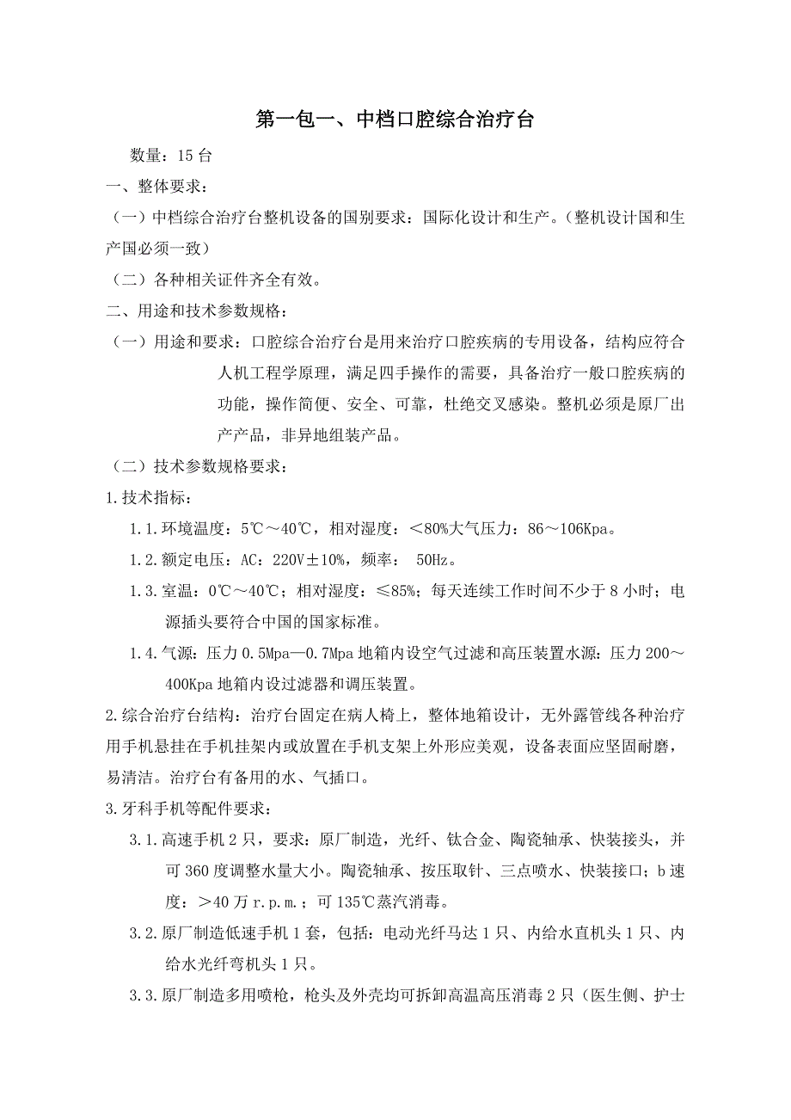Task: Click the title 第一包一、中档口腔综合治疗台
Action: (x=395, y=120)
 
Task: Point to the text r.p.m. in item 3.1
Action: (x=279, y=901)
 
